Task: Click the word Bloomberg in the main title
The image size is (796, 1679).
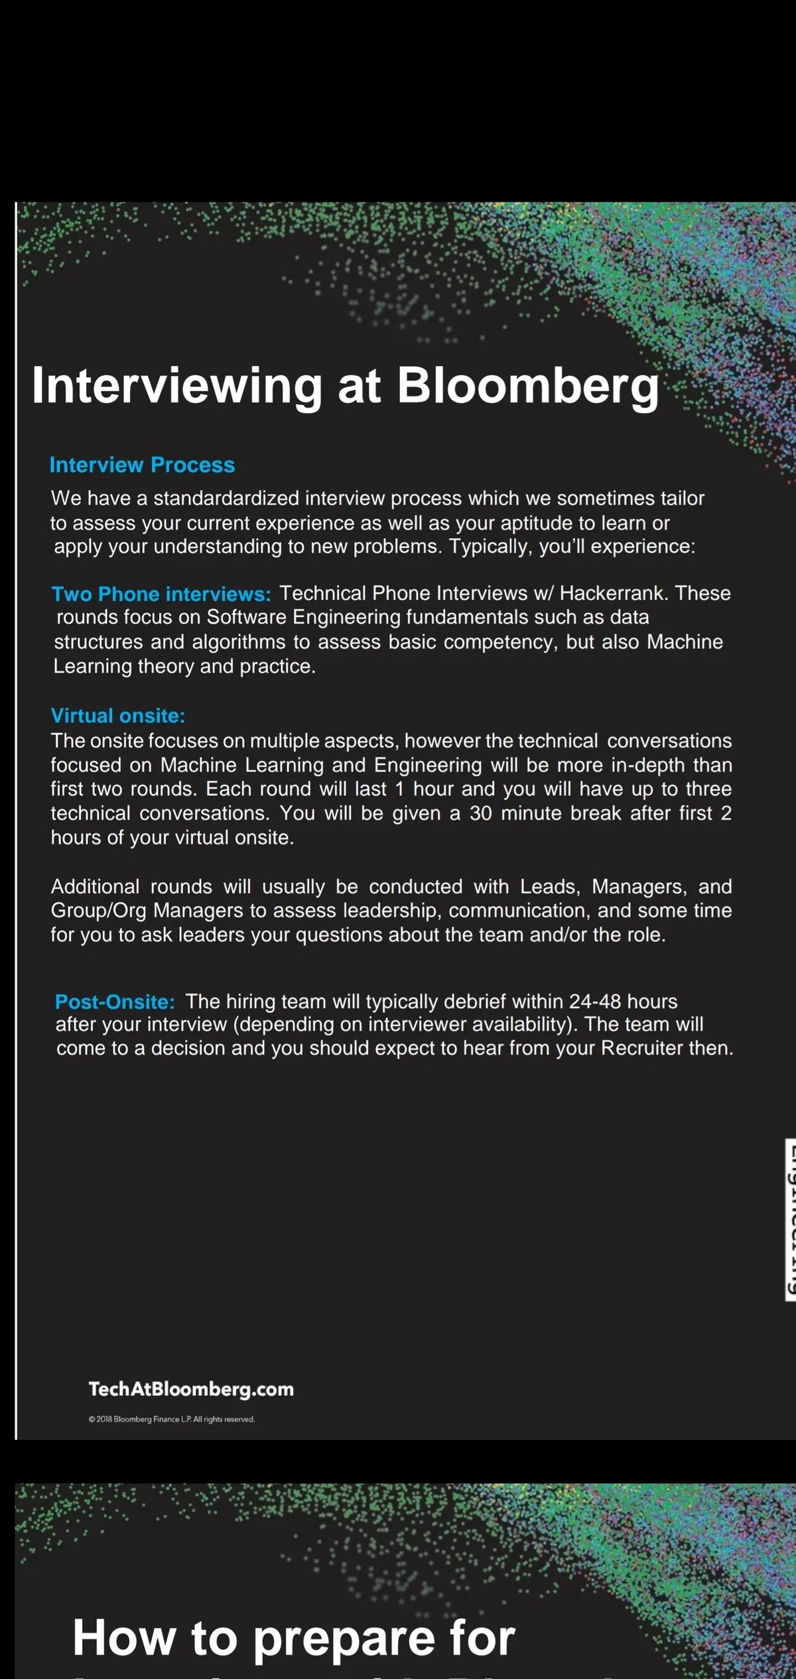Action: (527, 386)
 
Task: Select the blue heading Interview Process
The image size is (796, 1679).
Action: (142, 465)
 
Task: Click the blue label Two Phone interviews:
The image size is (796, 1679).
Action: (161, 593)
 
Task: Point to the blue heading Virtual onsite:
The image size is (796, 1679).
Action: (118, 716)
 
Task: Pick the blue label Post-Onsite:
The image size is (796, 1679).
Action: (115, 1001)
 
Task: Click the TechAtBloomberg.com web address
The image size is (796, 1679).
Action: (191, 1389)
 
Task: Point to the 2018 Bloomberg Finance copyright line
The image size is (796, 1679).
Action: (171, 1419)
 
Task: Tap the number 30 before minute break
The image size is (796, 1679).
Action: (480, 813)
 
